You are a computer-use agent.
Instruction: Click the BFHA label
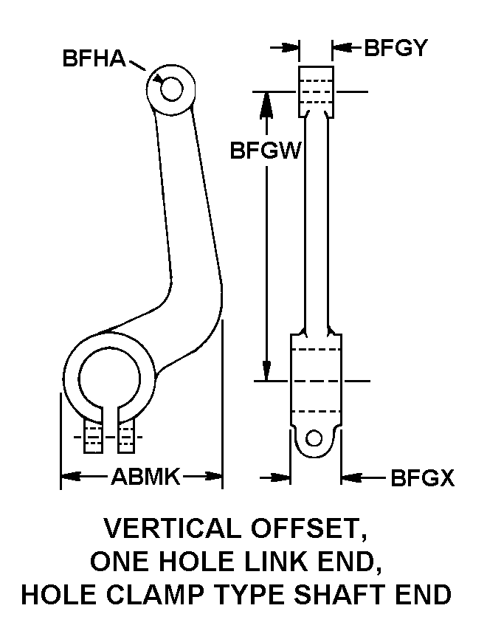(94, 59)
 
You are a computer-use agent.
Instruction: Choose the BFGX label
(422, 479)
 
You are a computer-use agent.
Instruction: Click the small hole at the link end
(171, 89)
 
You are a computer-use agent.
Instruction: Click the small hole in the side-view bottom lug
(315, 438)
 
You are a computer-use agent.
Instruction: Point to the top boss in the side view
(317, 91)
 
